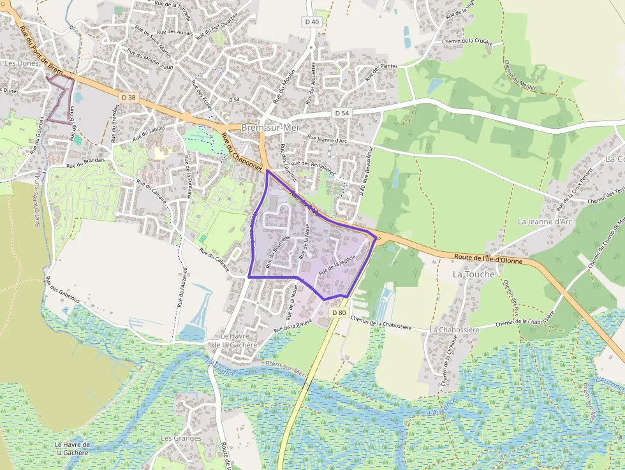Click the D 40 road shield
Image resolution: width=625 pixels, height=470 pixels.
pos(311,22)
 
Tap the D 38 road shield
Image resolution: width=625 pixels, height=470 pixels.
pos(128,97)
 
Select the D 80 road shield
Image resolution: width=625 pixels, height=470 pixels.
pos(339,312)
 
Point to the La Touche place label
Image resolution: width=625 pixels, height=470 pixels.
pos(473,274)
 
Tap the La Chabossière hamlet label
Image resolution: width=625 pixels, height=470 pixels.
pos(454,330)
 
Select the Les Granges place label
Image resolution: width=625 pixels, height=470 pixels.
pos(180,438)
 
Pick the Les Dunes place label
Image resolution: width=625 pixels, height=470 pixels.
pos(22,64)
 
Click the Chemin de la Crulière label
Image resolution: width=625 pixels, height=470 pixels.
pos(467,42)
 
